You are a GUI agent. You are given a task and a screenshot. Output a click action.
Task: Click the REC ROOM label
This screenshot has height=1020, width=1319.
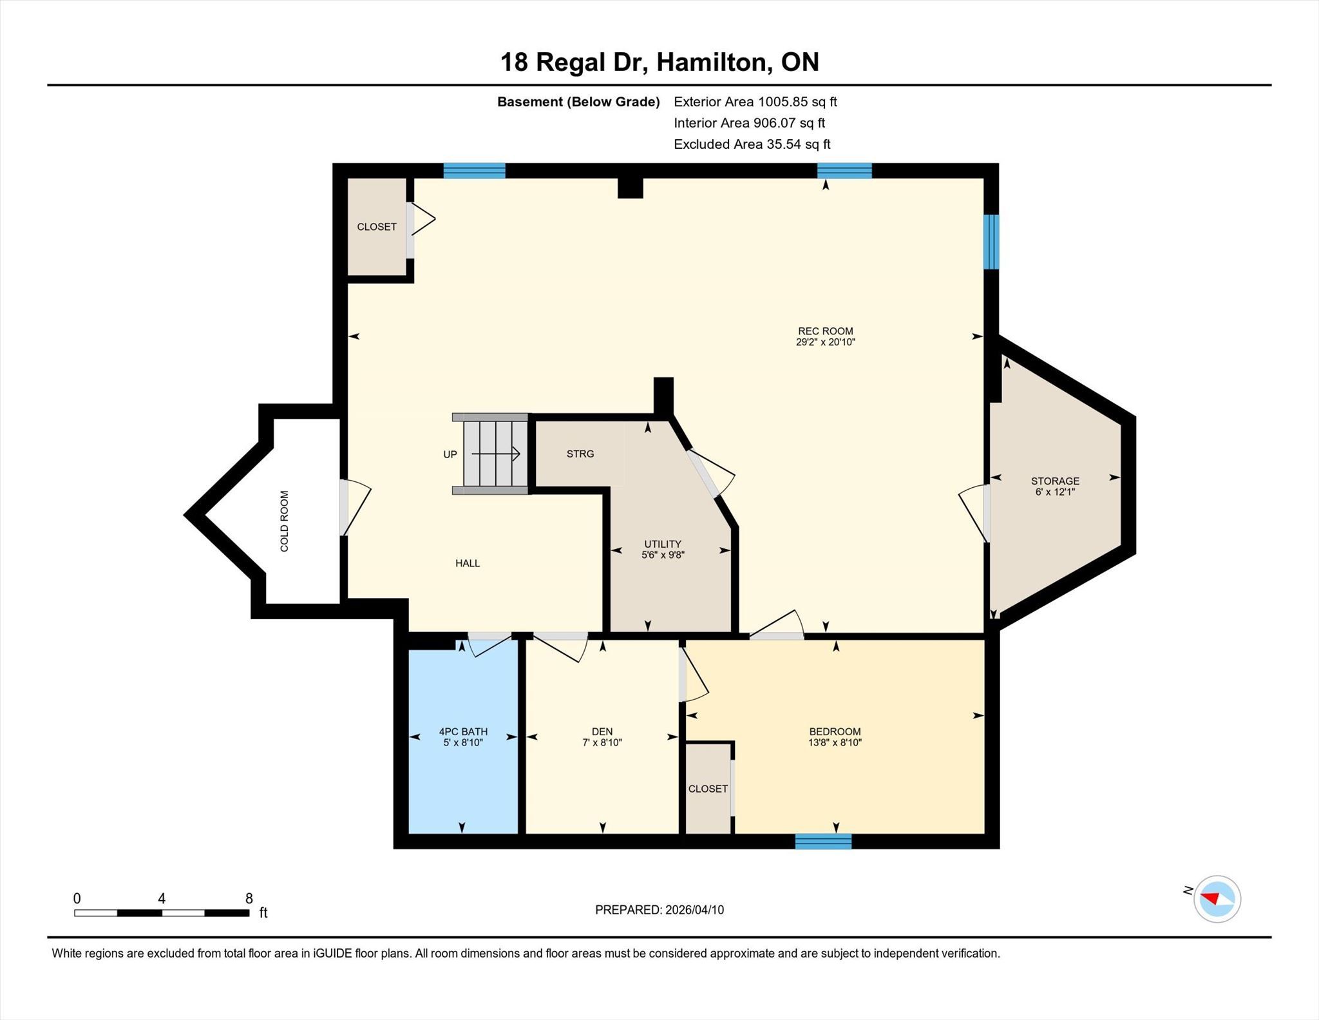825,331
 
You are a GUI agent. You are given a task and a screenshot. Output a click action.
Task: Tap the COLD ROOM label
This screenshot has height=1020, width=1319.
284,521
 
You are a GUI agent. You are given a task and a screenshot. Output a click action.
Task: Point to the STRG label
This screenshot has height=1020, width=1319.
580,454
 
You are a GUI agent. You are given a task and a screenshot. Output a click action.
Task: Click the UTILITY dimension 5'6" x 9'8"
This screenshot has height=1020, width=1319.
663,555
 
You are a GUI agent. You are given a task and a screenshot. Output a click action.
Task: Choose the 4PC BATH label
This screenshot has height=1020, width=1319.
463,731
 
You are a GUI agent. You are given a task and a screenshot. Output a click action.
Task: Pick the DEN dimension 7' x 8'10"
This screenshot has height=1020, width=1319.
602,742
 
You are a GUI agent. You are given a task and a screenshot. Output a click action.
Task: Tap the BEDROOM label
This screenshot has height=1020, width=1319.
835,731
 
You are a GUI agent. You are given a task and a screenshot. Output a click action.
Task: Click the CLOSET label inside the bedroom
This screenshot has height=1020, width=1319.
708,789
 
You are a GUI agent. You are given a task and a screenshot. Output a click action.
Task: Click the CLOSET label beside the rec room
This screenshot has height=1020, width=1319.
377,227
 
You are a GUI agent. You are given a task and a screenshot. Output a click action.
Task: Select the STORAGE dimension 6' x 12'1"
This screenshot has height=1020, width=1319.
1055,492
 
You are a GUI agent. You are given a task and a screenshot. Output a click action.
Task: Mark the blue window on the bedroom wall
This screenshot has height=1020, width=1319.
823,841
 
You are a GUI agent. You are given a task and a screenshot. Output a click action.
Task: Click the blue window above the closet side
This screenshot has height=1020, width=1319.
474,171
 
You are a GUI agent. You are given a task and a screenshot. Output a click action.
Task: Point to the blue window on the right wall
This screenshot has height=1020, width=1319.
991,242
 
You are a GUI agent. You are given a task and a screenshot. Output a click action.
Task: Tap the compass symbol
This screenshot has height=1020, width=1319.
1217,899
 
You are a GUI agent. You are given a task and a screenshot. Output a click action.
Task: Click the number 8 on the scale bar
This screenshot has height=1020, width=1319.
249,898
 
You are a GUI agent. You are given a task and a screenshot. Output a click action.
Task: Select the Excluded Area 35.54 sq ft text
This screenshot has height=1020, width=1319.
752,144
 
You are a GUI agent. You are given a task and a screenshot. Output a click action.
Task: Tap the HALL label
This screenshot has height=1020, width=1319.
468,563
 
